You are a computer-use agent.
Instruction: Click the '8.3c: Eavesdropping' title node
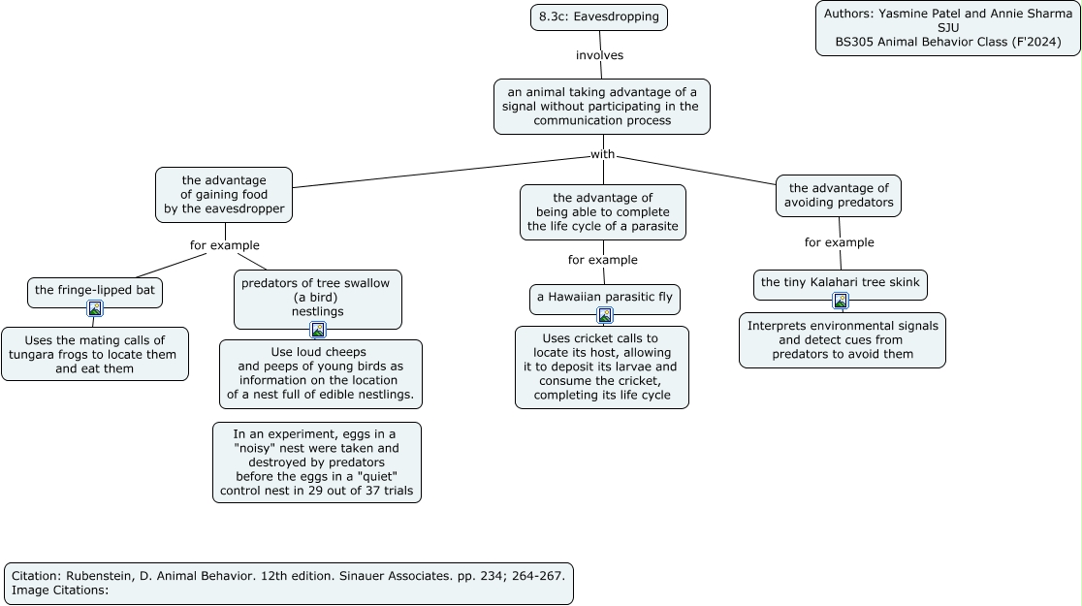pos(599,16)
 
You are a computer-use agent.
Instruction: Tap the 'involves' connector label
pos(599,55)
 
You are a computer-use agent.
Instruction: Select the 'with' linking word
pos(602,154)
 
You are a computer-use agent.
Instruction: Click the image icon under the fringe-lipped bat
pos(95,308)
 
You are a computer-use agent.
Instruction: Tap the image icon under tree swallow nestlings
pos(318,330)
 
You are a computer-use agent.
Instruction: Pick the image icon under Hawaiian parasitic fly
pos(604,315)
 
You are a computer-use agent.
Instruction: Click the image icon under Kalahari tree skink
pos(841,301)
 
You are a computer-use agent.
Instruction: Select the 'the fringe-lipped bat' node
pos(95,291)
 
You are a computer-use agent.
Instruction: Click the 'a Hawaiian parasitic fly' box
pos(604,298)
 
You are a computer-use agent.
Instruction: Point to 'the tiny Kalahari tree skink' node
pos(841,283)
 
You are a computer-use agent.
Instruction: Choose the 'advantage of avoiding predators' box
pos(839,195)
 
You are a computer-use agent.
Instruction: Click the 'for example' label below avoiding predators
pos(839,242)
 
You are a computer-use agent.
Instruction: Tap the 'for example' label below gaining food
pos(225,245)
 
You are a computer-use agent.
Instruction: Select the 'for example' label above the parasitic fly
pos(603,260)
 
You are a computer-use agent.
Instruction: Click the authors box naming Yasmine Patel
pos(948,27)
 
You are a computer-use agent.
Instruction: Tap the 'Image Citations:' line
pos(60,590)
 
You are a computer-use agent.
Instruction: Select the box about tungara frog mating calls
pos(95,354)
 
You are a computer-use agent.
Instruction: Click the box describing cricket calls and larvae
pos(602,367)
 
